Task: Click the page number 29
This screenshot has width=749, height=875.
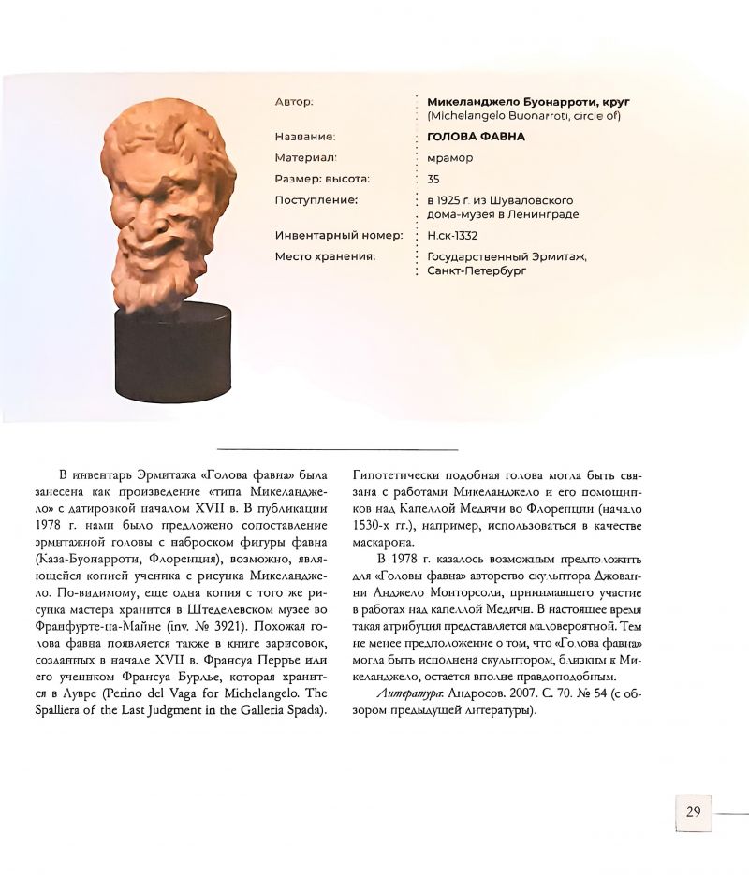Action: [693, 811]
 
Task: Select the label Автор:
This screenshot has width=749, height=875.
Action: [294, 100]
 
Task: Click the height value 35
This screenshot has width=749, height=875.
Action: [433, 179]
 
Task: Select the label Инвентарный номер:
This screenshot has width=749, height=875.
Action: [339, 236]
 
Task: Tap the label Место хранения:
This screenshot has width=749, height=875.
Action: [325, 256]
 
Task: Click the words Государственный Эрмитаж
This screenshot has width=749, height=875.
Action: [506, 256]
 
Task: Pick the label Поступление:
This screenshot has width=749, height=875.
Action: [316, 200]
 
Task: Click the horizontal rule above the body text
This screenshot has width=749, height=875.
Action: [337, 450]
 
